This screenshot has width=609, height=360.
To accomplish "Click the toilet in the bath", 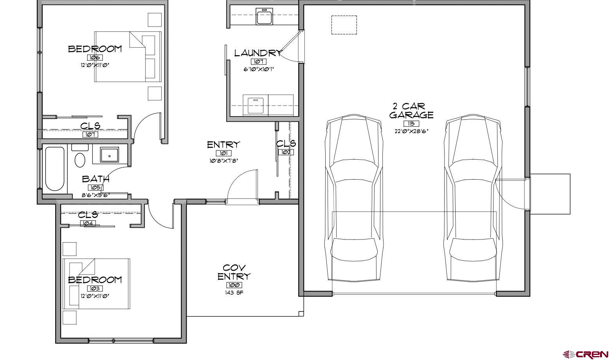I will click(80, 160).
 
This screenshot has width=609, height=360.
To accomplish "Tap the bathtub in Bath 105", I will click(54, 169).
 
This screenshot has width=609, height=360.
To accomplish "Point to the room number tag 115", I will click(411, 124).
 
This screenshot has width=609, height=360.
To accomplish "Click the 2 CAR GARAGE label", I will click(411, 111).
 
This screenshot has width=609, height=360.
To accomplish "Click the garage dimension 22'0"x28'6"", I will click(411, 131).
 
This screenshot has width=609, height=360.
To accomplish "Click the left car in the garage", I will click(354, 198).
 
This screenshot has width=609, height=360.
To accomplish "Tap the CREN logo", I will click(585, 354).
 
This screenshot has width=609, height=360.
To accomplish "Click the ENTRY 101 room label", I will click(223, 145).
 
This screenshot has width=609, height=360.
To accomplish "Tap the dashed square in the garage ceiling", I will click(344, 25).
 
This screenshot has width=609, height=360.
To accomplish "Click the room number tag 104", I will click(88, 223).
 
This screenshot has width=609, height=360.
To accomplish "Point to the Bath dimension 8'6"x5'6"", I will click(95, 194).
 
